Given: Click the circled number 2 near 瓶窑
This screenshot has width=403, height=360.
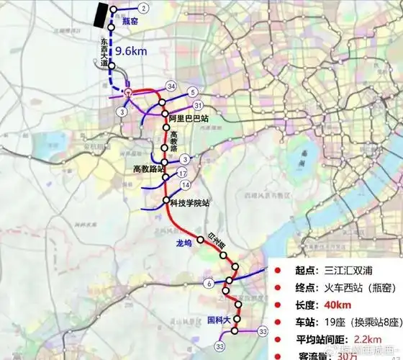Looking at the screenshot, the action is point(145,8).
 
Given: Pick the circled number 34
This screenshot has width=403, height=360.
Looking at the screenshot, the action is point(171,86).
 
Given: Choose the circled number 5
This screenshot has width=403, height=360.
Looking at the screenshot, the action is point(193,92).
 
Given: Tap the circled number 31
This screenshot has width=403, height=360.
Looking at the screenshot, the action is point(198,106).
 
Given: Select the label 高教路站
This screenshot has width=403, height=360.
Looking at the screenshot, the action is point(149,169).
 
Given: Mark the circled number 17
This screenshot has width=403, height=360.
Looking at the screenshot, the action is point(182,174).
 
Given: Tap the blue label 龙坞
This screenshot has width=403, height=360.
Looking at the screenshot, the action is point(184,243).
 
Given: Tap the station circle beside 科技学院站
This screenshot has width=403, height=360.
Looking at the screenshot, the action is point(166,200).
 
